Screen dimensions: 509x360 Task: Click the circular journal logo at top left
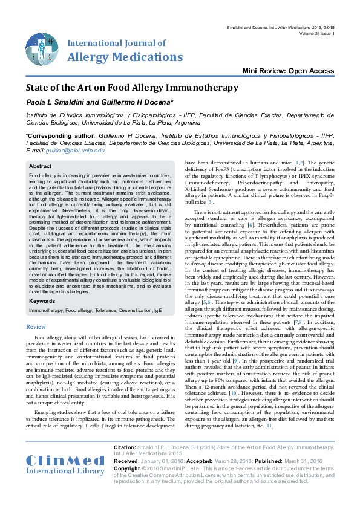pyautogui.click(x=42, y=50)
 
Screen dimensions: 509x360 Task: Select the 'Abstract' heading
pyautogui.click(x=41, y=166)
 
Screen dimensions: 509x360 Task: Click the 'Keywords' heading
pyautogui.click(x=42, y=300)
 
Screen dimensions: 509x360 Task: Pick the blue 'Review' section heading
pyautogui.click(x=36, y=326)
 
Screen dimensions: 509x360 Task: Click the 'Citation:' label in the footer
pyautogui.click(x=127, y=447)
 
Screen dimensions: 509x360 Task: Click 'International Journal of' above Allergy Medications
pyautogui.click(x=116, y=44)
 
